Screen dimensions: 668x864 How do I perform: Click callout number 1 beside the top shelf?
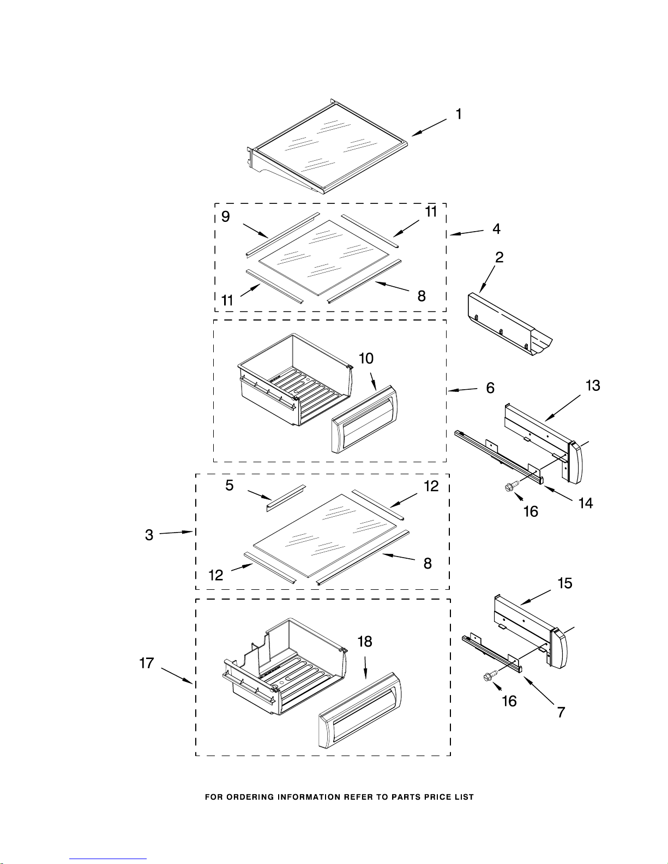point(459,114)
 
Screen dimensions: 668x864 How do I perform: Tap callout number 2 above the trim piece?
point(500,257)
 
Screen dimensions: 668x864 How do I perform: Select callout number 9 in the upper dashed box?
point(225,217)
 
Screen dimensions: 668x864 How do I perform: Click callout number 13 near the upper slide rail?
point(593,385)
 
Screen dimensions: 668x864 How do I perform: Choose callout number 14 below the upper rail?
point(586,503)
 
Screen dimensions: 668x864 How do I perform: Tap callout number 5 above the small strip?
point(230,486)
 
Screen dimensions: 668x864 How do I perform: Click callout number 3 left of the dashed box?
point(149,535)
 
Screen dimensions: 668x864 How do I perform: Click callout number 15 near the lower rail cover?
point(565,583)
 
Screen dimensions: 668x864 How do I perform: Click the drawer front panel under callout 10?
point(365,419)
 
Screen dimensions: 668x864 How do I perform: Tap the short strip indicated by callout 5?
point(286,498)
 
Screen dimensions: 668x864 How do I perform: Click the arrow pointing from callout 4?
point(467,233)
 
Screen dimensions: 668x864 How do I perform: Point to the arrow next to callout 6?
point(462,390)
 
